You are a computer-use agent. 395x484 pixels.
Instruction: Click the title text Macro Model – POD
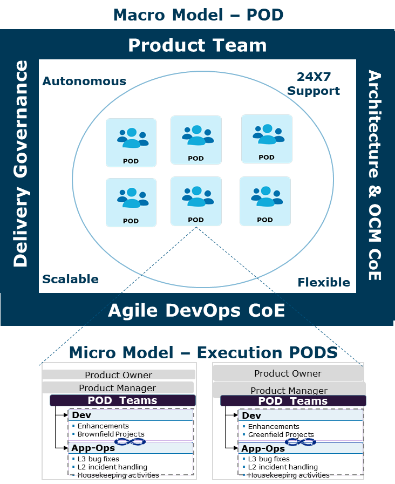pos(197,15)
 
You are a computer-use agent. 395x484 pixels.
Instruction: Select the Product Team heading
pos(197,45)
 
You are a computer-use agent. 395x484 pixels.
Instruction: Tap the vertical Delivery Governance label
pos(21,163)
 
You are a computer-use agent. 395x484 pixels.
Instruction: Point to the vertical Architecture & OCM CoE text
pos(374,175)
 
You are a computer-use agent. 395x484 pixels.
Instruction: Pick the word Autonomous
pos(84,81)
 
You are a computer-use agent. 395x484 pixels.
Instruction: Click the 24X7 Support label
pos(314,84)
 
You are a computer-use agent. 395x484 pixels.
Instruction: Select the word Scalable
pos(71,279)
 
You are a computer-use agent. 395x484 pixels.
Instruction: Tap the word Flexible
pos(324,282)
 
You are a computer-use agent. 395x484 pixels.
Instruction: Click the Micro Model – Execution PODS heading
pos(203,353)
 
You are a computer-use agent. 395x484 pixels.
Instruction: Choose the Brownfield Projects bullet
pos(111,434)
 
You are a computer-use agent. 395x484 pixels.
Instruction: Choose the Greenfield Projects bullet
pos(281,434)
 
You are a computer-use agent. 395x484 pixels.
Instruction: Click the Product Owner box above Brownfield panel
pos(118,375)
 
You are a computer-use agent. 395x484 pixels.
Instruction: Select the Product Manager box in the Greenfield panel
pos(289,390)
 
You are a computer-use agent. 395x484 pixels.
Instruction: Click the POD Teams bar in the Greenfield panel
pos(292,401)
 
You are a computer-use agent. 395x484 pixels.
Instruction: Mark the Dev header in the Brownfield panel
pos(81,415)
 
